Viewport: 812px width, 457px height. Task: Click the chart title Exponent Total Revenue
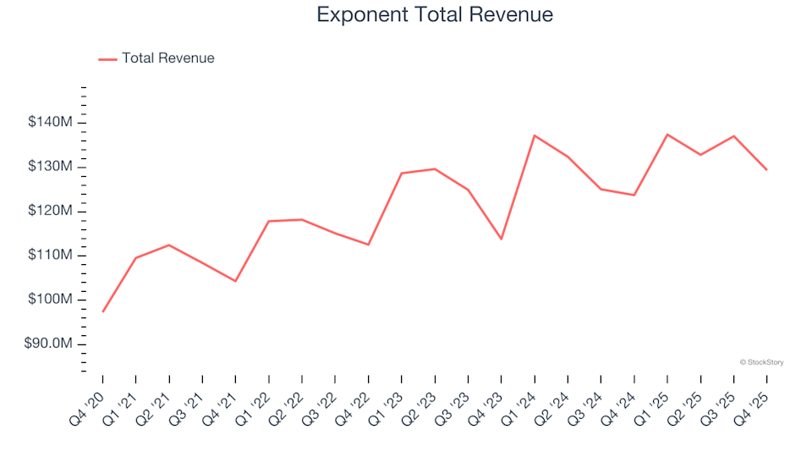tap(434, 14)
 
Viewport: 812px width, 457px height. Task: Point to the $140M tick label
tap(51, 123)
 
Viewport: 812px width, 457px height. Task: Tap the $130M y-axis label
tap(51, 167)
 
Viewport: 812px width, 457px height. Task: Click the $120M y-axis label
tap(51, 211)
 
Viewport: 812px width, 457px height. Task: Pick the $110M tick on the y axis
tap(51, 256)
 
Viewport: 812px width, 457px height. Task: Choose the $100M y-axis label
tap(51, 300)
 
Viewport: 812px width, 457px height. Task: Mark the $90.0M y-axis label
tap(49, 344)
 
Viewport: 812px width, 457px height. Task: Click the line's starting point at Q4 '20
tap(103, 311)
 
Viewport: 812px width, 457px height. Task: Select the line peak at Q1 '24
tap(535, 135)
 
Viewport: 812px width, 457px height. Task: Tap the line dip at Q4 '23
tap(501, 239)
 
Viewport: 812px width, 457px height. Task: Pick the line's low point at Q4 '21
tap(235, 281)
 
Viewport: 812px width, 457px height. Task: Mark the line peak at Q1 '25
tap(667, 135)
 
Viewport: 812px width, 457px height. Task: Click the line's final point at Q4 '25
tap(766, 170)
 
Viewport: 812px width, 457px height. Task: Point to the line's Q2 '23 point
tap(435, 168)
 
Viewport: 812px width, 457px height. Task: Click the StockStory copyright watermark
tap(761, 362)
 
